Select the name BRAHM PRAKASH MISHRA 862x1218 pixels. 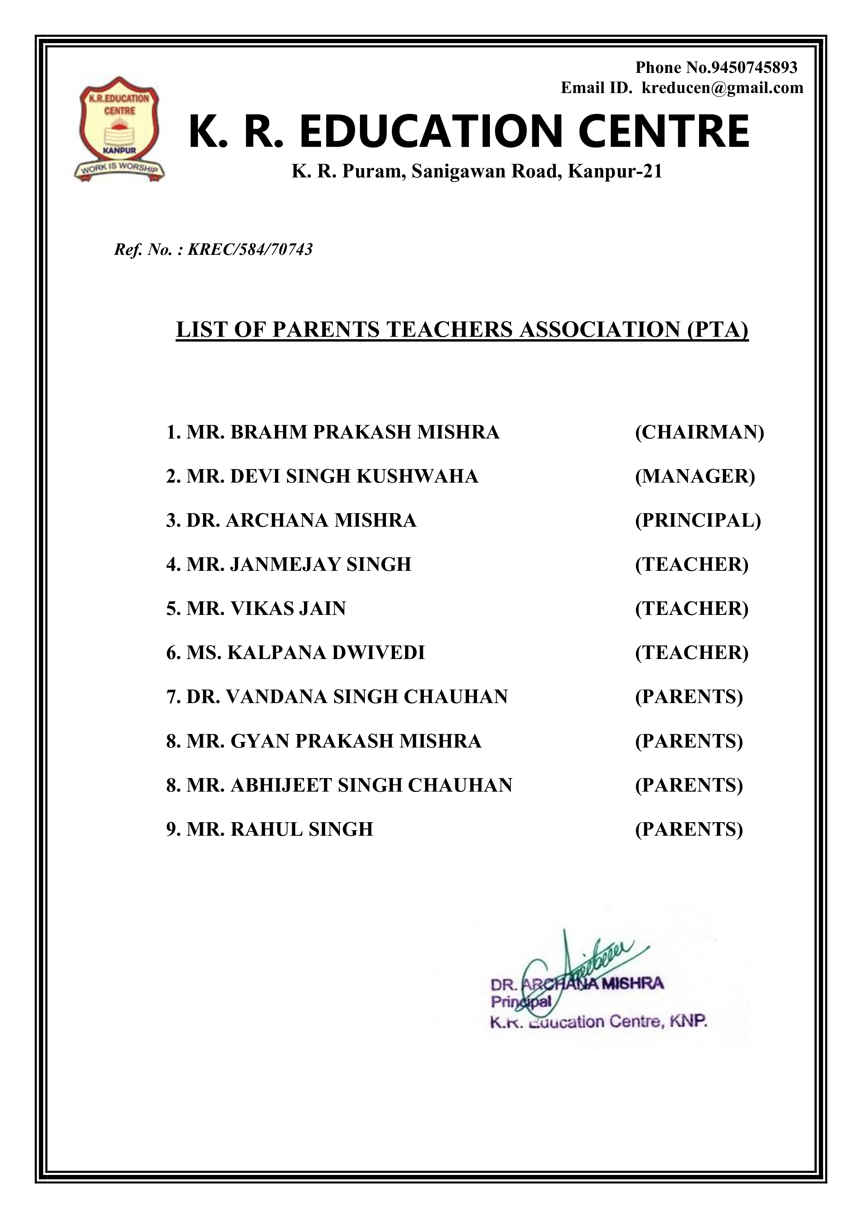point(365,432)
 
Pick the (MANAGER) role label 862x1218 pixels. point(695,476)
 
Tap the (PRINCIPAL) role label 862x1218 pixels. point(698,520)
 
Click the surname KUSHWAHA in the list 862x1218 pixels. point(417,476)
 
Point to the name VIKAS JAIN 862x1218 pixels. point(288,608)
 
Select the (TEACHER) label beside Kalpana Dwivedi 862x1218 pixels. point(692,652)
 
